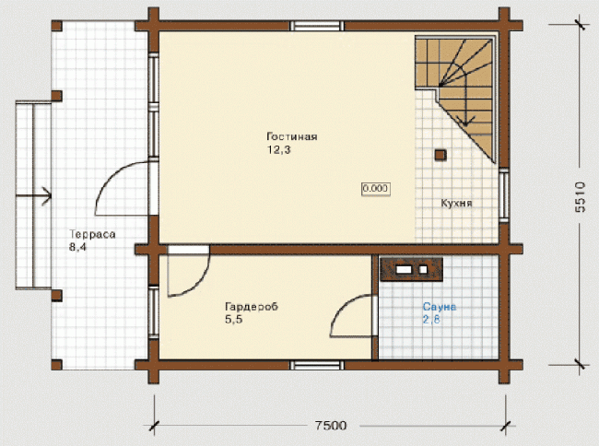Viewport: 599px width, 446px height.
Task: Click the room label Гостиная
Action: [292, 136]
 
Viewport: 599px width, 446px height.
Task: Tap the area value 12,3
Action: [279, 149]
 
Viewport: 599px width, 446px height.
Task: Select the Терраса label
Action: [92, 234]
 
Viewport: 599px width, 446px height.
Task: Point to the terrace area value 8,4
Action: [77, 247]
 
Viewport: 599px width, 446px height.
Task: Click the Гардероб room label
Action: [252, 307]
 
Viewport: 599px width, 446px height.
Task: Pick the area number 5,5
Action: [234, 320]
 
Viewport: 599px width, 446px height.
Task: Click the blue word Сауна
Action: [440, 307]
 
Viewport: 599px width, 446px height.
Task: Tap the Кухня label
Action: [456, 203]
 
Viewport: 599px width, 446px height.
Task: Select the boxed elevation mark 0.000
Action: [376, 188]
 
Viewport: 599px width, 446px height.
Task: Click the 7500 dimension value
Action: [331, 426]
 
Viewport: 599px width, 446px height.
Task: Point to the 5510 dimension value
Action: [581, 197]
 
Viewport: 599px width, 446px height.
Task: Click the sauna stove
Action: [411, 269]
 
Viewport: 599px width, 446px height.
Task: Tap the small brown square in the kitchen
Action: [440, 155]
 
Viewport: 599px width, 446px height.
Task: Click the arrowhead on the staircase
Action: [465, 121]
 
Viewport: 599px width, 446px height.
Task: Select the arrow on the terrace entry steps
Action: [33, 196]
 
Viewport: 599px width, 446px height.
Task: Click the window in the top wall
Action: [317, 26]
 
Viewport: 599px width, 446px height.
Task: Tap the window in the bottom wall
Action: [317, 365]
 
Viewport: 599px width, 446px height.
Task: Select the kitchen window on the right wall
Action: [504, 195]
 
